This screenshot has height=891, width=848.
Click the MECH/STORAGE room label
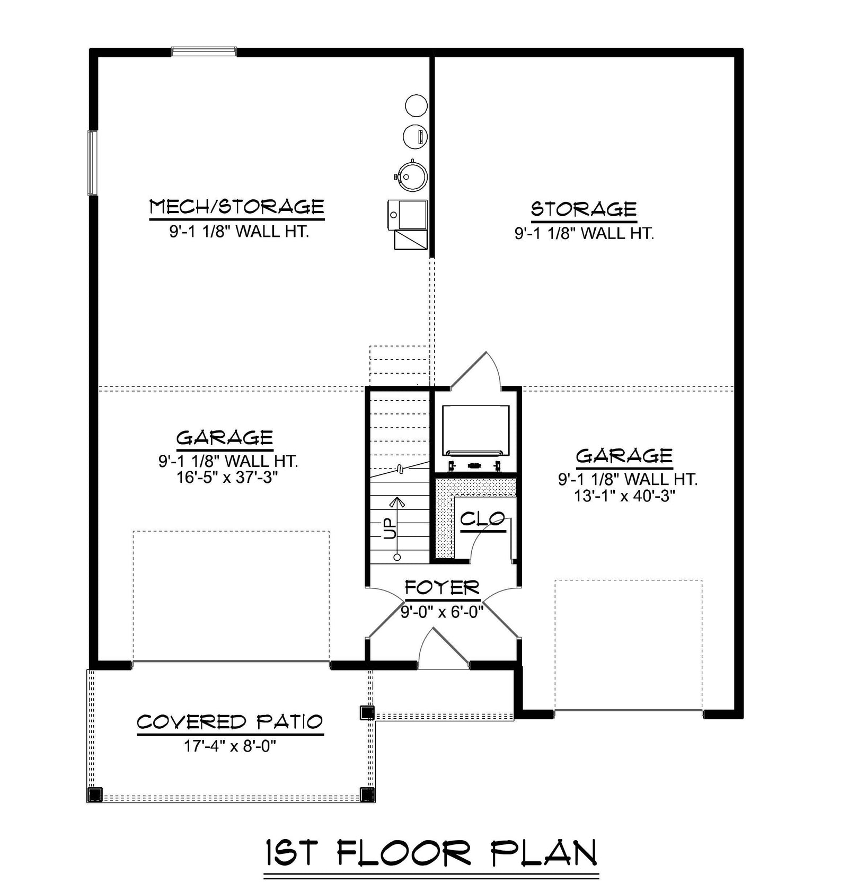tap(236, 207)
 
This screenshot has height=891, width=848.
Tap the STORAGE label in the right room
tap(584, 209)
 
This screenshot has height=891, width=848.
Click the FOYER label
tap(442, 587)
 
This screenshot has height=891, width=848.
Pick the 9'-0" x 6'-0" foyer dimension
tap(442, 613)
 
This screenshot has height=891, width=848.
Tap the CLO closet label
tap(483, 519)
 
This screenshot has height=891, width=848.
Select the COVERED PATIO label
tap(230, 722)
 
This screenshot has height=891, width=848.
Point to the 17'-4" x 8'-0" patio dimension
tap(230, 746)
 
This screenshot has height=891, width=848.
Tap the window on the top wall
tap(204, 51)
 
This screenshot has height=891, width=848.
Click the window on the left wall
tap(93, 163)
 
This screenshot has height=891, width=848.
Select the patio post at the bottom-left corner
tap(94, 794)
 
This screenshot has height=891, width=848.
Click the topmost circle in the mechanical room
tap(416, 105)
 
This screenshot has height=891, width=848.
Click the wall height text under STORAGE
tap(584, 233)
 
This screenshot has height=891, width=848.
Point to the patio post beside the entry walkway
tap(367, 712)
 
